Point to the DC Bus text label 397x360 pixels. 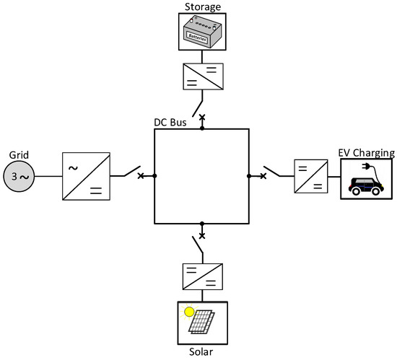170,122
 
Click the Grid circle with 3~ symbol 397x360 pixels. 18,176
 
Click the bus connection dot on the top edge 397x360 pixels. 202,129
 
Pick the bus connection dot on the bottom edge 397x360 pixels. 202,223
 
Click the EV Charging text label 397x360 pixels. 366,153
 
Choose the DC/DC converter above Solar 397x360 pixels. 203,276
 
